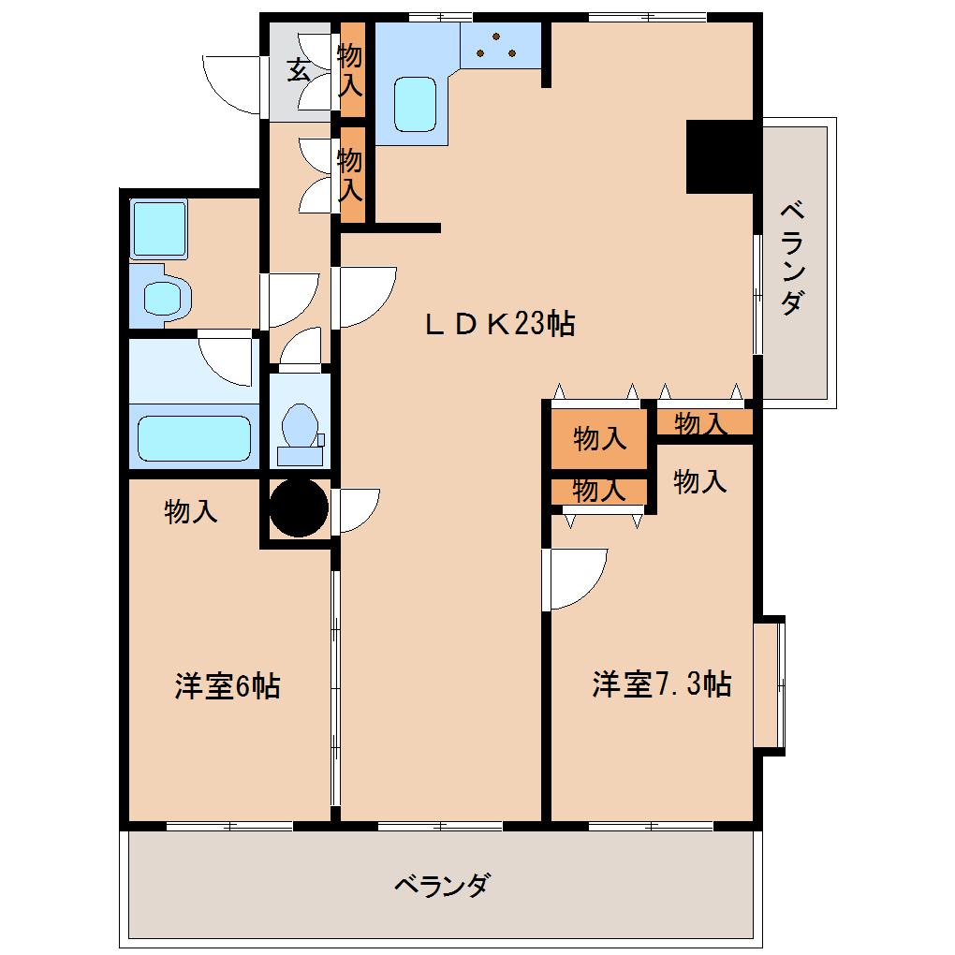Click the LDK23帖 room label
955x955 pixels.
point(499,323)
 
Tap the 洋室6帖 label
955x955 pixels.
point(228,685)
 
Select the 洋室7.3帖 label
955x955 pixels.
point(661,683)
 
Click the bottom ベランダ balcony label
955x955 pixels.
point(442,886)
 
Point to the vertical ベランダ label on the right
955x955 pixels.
point(792,257)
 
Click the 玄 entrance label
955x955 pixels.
point(299,69)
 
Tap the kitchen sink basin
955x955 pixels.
point(416,104)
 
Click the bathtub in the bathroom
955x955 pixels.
point(195,438)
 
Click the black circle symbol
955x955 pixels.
point(299,508)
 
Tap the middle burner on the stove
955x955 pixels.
point(496,37)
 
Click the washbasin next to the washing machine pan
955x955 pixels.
point(162,297)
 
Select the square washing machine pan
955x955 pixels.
point(159,228)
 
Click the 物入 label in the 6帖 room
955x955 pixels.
point(191,511)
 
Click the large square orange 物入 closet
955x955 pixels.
point(598,438)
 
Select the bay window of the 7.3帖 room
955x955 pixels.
point(769,685)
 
